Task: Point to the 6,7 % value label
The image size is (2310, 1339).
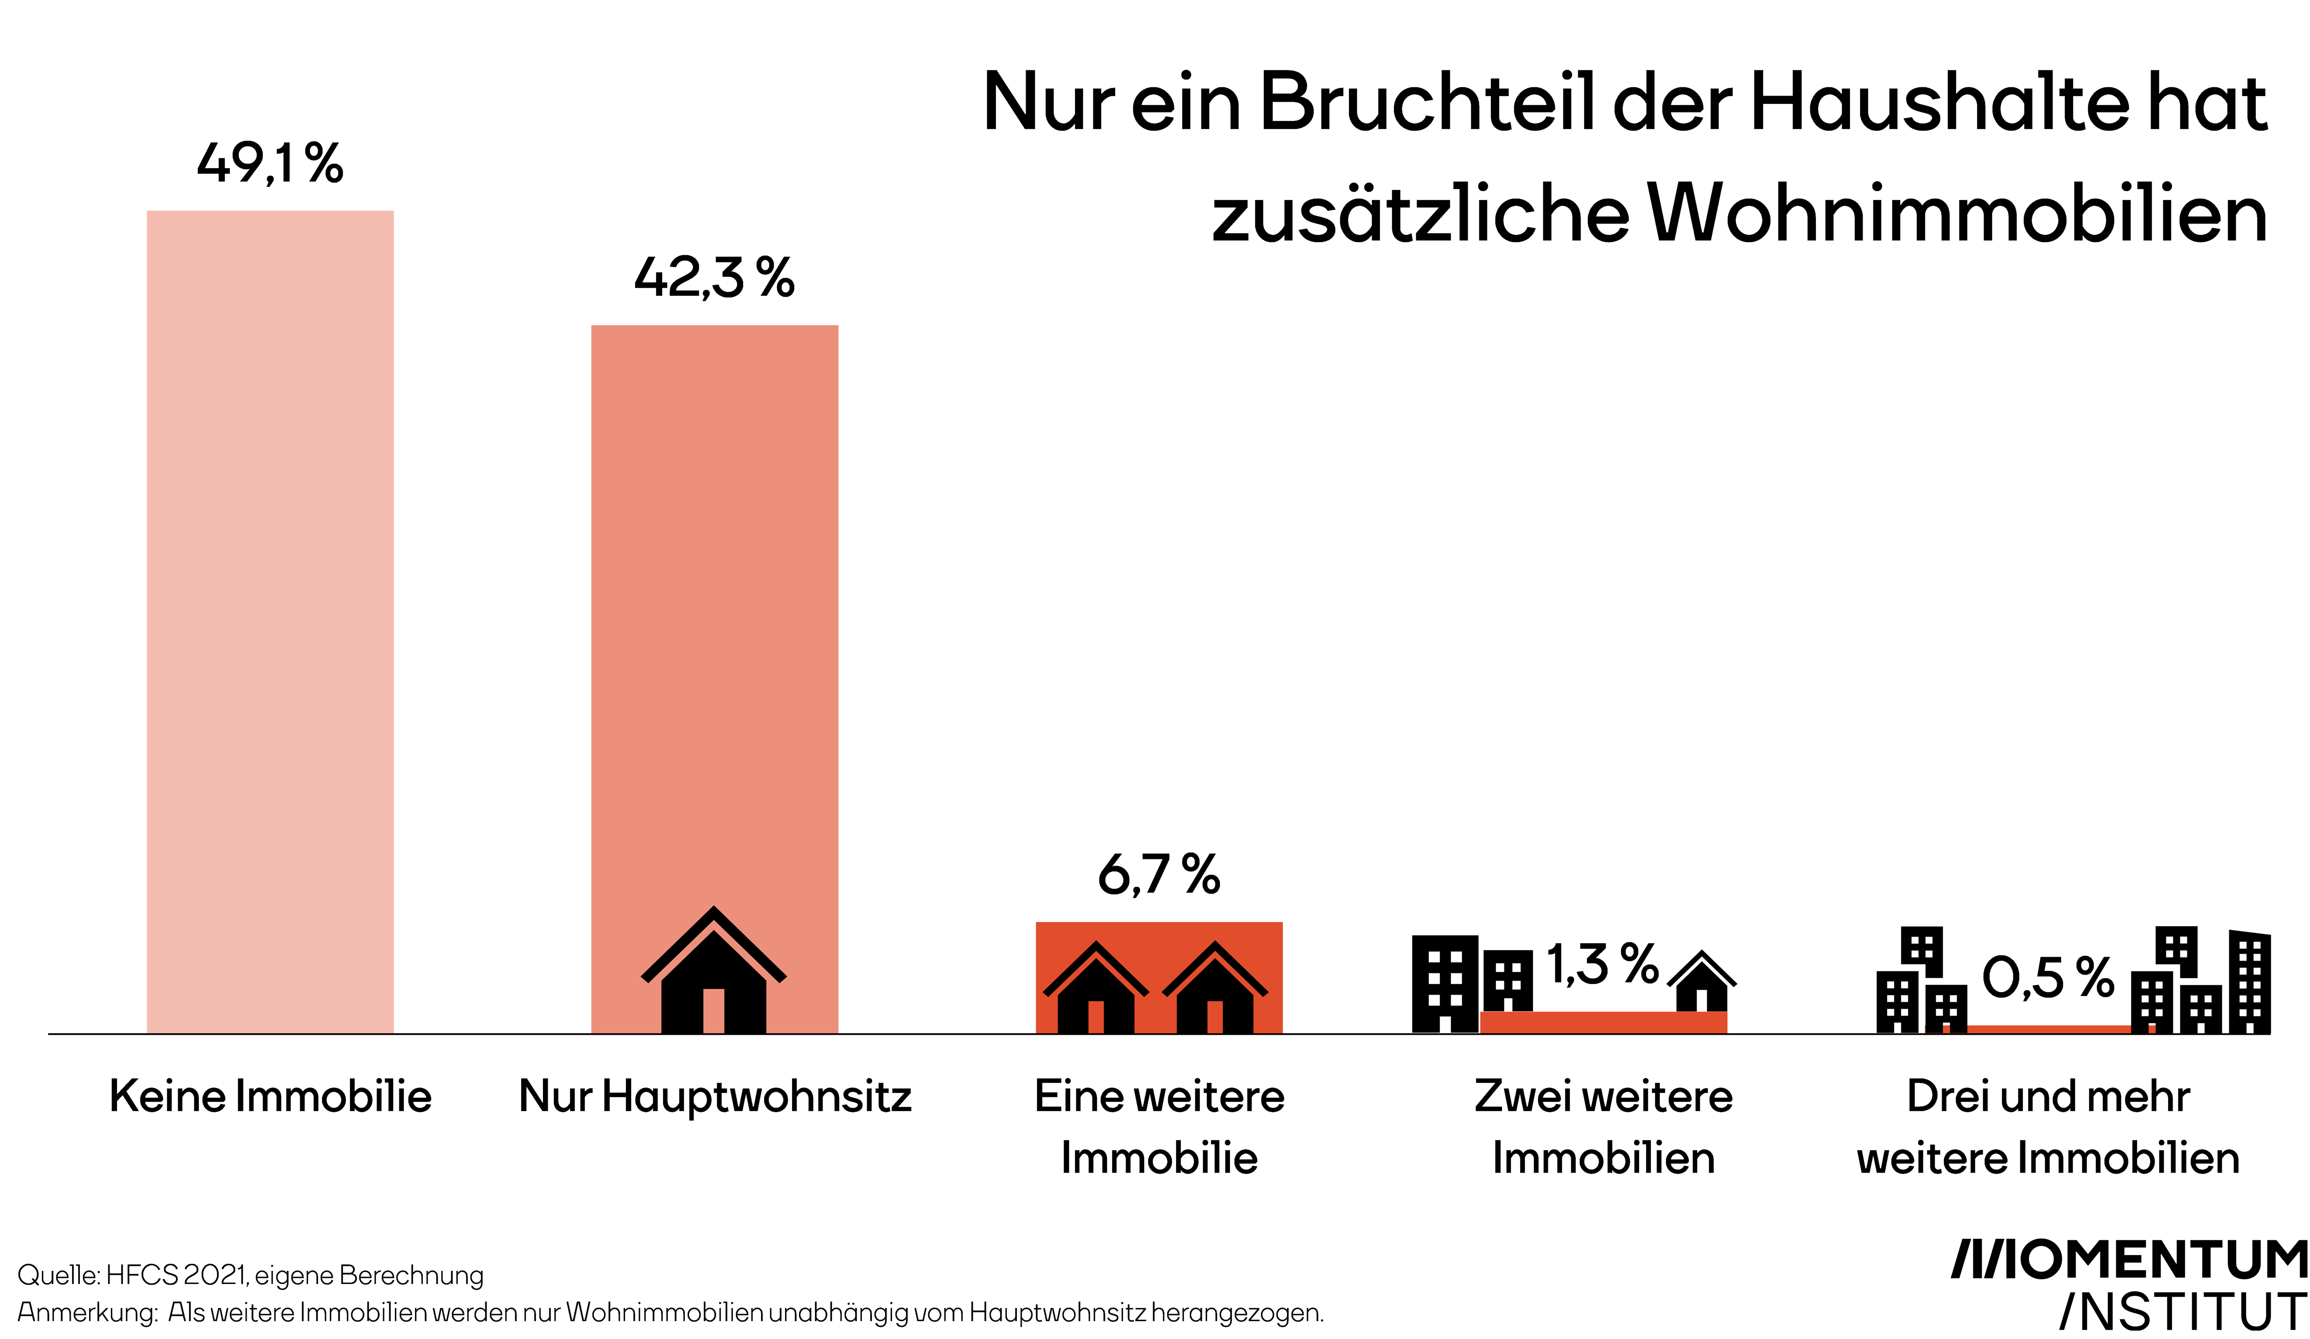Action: (x=1159, y=875)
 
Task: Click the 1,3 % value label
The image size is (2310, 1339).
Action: (x=1602, y=965)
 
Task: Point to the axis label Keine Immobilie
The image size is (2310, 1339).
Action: (x=271, y=1096)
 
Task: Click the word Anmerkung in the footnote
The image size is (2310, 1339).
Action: (x=87, y=1312)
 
